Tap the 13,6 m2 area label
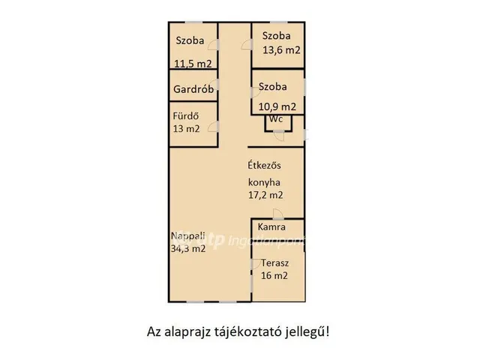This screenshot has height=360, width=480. (281, 50)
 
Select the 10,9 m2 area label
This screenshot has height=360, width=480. (277, 106)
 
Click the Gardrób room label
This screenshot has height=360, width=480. (194, 89)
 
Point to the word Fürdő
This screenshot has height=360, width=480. (184, 116)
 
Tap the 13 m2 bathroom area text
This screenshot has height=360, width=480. (187, 128)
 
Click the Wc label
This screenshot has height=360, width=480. (276, 119)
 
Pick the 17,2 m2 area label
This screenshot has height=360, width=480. (265, 195)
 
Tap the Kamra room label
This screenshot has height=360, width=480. (271, 227)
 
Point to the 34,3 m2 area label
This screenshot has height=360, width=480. (188, 249)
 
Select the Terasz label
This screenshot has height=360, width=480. (275, 264)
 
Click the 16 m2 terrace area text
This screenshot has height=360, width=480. (274, 276)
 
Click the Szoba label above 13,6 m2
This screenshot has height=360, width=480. (277, 36)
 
